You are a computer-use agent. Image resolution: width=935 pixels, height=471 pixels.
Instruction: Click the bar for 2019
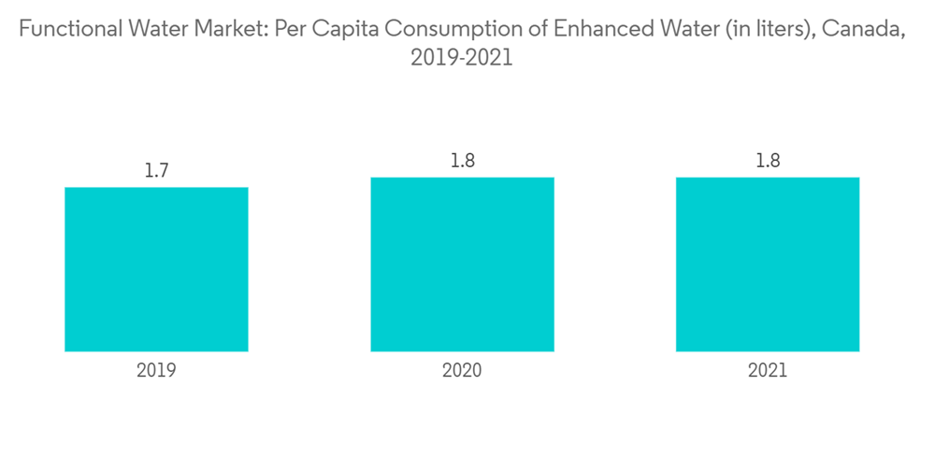pyautogui.click(x=156, y=269)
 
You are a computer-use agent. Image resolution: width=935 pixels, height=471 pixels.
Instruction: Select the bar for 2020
pyautogui.click(x=462, y=264)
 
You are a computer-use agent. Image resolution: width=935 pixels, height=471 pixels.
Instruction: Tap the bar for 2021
pyautogui.click(x=768, y=264)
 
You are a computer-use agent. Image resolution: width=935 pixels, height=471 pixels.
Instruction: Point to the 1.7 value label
pyautogui.click(x=156, y=171)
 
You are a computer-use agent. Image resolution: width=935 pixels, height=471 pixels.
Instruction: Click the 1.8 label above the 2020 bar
pyautogui.click(x=462, y=161)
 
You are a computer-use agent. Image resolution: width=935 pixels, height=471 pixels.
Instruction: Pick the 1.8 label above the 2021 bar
pyautogui.click(x=768, y=161)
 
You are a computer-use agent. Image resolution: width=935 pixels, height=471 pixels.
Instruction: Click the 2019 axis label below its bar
pyautogui.click(x=156, y=370)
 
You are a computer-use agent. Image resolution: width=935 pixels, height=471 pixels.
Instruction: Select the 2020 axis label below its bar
pyautogui.click(x=462, y=370)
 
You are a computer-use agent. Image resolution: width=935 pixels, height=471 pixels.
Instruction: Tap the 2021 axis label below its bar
pyautogui.click(x=768, y=370)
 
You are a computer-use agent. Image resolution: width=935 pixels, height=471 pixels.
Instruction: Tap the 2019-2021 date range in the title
pyautogui.click(x=462, y=58)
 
